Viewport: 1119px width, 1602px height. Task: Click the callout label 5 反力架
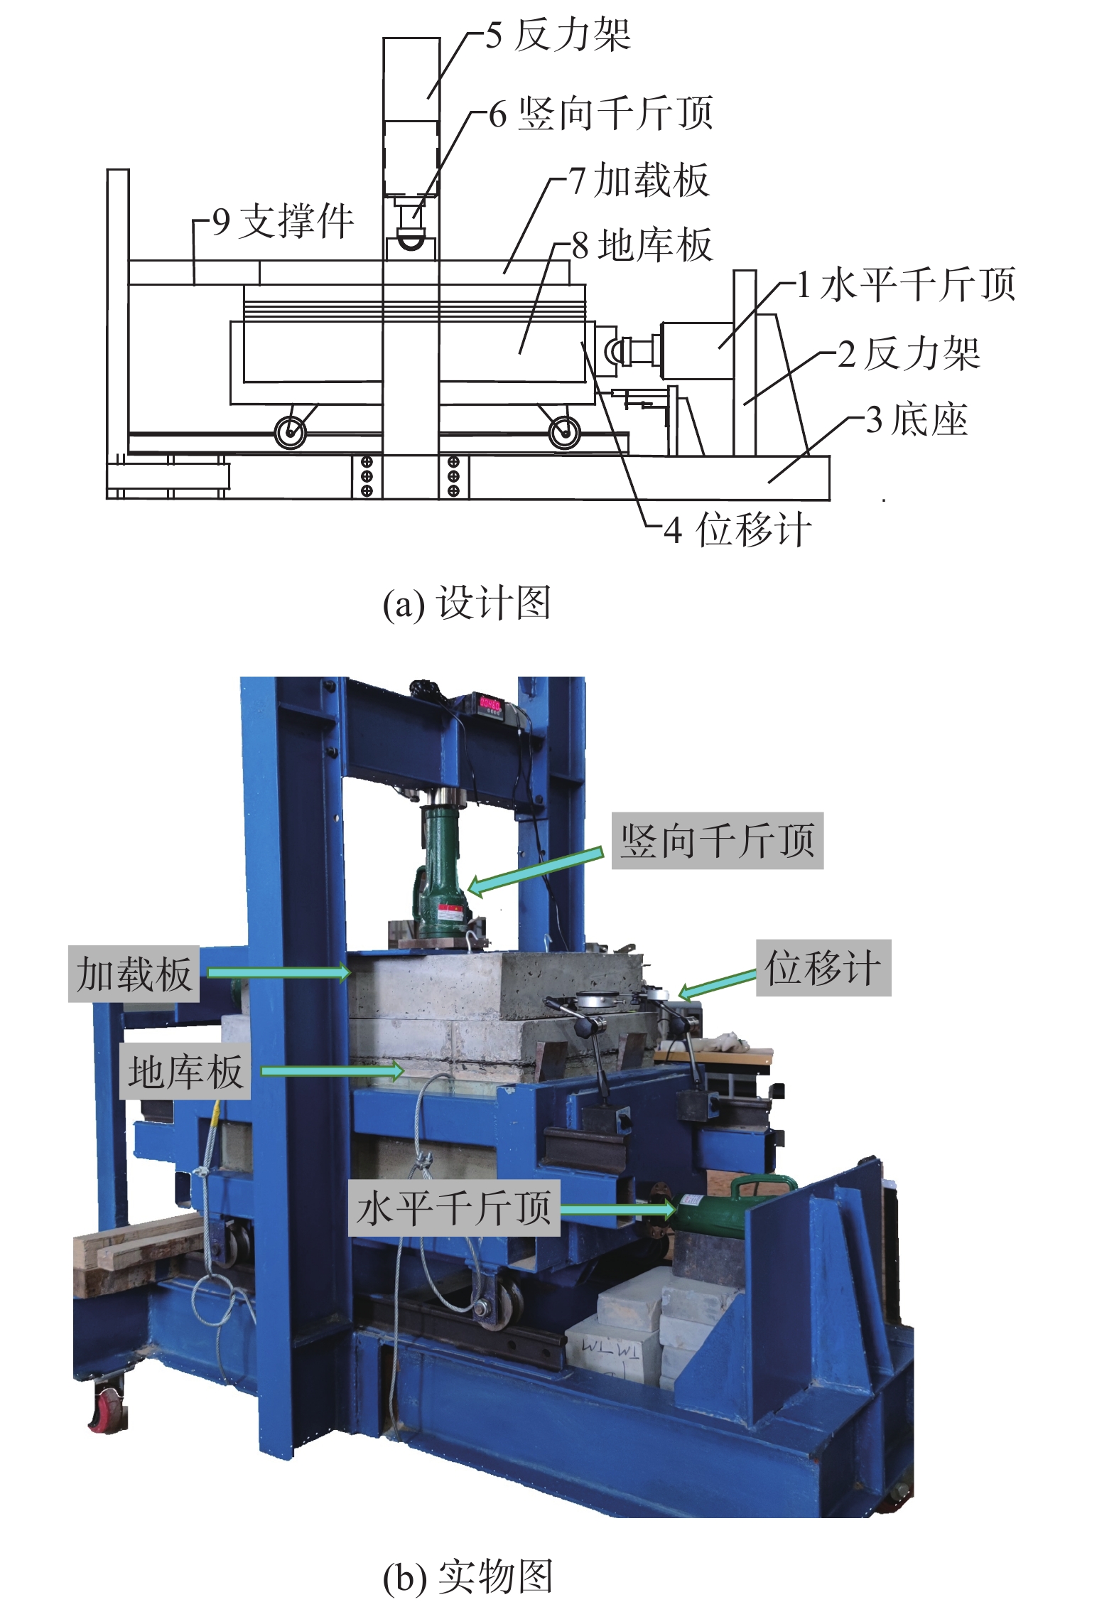coord(558,35)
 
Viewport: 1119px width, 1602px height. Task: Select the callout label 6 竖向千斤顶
coord(600,114)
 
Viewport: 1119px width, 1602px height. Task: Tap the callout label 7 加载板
coord(639,180)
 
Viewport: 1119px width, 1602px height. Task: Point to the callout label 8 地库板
coord(642,246)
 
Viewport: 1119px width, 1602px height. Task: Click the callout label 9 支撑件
coord(283,221)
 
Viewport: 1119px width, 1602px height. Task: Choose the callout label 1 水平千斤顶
coord(906,284)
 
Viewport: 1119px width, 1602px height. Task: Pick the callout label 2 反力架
coord(909,353)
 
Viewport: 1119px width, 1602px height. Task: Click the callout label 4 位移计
coord(737,529)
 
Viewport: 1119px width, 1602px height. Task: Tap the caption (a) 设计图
coord(467,603)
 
